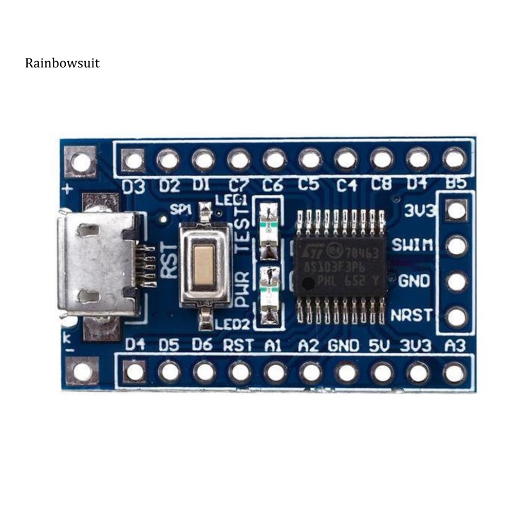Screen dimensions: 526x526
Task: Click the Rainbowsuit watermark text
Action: tap(62, 63)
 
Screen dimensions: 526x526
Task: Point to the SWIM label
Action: tap(411, 245)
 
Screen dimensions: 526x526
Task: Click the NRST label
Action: tap(411, 314)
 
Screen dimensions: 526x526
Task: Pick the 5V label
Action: tap(383, 346)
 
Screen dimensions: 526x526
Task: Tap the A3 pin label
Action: tap(455, 346)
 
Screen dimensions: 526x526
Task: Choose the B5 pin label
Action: tap(455, 183)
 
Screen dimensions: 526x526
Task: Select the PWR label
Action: tap(242, 290)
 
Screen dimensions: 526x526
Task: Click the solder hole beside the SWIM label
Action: tap(456, 246)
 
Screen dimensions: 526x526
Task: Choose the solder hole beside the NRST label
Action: tap(456, 317)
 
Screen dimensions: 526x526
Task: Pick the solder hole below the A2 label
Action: tap(311, 371)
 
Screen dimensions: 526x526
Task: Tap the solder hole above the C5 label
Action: tap(310, 159)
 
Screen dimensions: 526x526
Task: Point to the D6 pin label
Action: tap(202, 345)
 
